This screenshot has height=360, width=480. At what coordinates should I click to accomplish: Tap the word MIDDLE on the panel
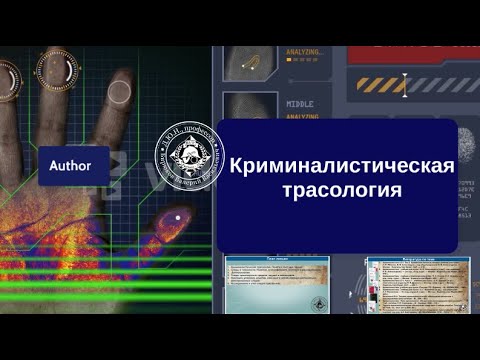point(300,102)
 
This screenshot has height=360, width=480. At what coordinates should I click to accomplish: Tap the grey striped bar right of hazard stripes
point(444,85)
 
